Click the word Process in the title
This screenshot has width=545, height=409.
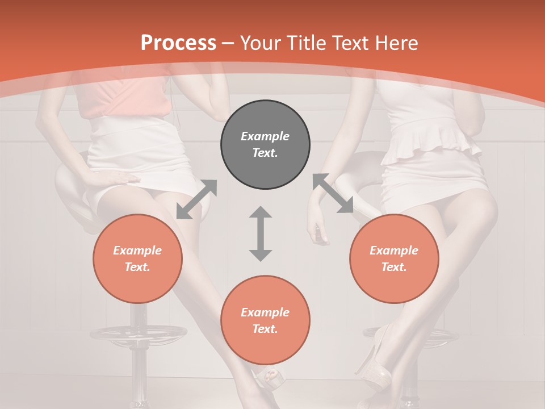(178, 43)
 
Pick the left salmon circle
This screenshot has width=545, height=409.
(137, 258)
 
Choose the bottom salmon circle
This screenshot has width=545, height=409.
(265, 320)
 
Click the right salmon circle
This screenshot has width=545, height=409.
(394, 258)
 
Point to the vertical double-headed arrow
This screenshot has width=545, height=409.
(261, 233)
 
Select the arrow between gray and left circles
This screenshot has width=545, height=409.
(196, 199)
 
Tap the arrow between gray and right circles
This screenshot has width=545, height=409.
(333, 194)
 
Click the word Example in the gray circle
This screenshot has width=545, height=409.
(265, 136)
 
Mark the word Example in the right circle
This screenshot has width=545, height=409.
(394, 251)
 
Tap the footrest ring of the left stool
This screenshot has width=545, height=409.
(138, 335)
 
